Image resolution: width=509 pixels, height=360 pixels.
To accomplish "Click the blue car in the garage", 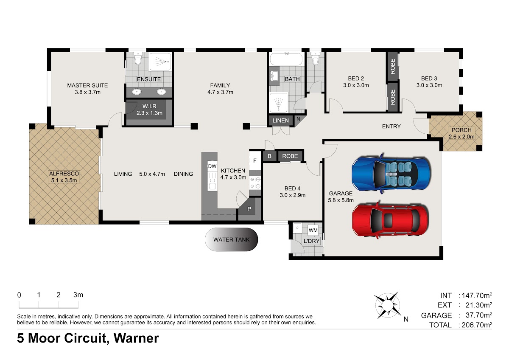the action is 391,173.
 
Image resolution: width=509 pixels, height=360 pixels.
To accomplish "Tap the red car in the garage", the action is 390,220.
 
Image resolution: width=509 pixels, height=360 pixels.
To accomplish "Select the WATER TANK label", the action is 231,239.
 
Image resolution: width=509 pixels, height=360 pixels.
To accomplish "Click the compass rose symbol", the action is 387,305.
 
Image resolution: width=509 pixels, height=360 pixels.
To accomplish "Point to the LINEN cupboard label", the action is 281,121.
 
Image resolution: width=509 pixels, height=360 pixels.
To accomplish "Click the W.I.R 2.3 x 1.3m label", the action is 149,110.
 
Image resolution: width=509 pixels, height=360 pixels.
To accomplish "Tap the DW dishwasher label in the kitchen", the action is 212,166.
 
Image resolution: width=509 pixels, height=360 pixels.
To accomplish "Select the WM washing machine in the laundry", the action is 313,230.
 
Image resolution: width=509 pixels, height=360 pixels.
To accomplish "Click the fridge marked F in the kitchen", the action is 255,160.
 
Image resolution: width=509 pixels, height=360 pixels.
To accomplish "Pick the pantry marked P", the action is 249,209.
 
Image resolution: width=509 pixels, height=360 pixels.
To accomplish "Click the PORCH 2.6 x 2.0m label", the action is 461,133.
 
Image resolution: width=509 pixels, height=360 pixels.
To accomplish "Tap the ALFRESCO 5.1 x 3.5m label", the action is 64,177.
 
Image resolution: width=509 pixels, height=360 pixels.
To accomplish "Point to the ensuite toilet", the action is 138,58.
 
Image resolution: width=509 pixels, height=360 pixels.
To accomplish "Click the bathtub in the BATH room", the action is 286,59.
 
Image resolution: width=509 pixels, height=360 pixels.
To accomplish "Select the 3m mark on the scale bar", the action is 78,295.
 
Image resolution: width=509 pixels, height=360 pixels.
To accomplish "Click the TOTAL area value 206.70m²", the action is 477,324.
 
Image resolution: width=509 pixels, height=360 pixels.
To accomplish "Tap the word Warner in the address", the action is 136,338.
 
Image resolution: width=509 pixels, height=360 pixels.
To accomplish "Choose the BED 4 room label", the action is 292,192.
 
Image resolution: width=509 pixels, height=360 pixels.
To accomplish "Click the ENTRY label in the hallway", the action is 391,127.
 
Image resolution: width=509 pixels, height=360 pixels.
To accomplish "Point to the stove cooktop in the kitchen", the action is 255,183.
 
